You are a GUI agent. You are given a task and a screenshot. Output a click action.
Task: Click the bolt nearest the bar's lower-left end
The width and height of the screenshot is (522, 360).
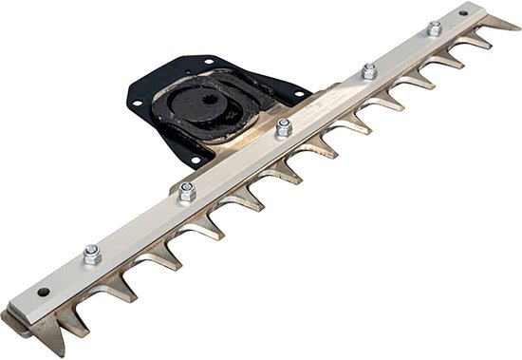92,254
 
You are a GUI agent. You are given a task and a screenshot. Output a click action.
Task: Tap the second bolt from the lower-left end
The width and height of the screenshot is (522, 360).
187,189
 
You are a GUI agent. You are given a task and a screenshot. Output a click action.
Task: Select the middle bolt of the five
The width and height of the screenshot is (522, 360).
282,128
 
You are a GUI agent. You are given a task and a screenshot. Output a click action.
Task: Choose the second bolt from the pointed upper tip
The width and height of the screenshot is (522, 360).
368,71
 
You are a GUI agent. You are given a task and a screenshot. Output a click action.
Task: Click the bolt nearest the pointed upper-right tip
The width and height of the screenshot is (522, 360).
434,29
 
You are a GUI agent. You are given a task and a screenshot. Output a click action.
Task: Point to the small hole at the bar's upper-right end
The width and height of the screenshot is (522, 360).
462,14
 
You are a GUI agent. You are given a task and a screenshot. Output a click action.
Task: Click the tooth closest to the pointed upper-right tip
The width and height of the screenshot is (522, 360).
480,42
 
